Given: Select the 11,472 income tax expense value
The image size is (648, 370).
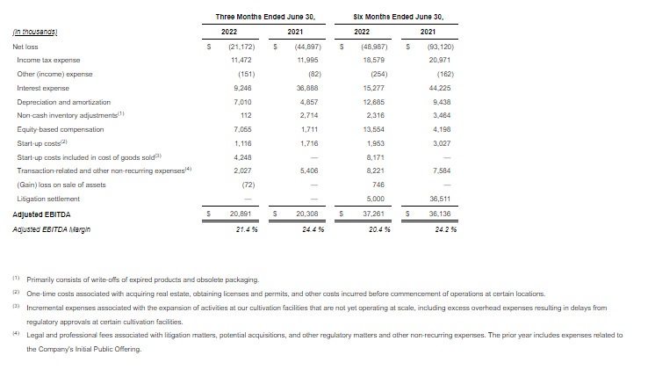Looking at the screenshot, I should pos(241,60).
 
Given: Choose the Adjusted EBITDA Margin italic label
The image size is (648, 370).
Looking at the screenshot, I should pos(51,229).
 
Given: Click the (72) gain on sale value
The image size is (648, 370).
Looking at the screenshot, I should pos(247,185).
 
